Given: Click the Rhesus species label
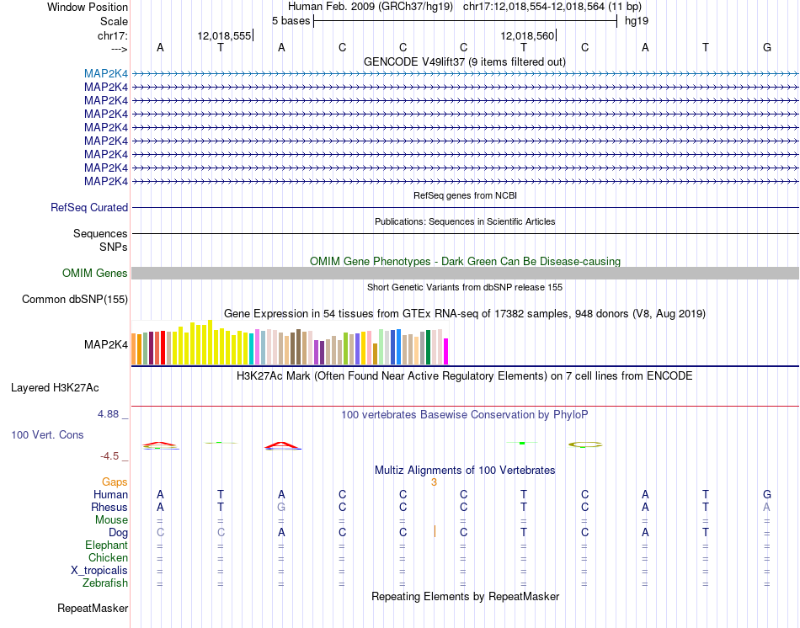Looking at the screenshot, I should [109, 508].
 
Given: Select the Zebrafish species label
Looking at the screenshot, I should [105, 583].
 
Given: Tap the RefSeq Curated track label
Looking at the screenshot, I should [89, 208].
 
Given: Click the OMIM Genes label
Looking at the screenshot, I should [95, 274].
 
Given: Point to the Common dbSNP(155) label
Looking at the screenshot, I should [75, 299].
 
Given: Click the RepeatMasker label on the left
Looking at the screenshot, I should [93, 608].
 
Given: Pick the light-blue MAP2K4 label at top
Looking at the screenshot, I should [106, 73].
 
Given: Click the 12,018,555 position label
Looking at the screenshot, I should [224, 36].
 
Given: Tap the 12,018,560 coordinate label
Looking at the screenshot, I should [527, 36].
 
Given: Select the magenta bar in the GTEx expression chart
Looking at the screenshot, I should [446, 351].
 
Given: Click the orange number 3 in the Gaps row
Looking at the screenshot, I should [434, 482].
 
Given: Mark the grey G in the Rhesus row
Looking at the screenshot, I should [282, 508].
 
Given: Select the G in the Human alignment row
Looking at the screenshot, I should [767, 495].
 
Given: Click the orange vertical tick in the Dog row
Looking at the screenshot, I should [435, 531].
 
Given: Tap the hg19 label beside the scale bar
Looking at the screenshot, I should [636, 20].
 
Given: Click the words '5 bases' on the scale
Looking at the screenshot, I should [291, 20].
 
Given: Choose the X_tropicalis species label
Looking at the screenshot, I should [99, 571].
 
